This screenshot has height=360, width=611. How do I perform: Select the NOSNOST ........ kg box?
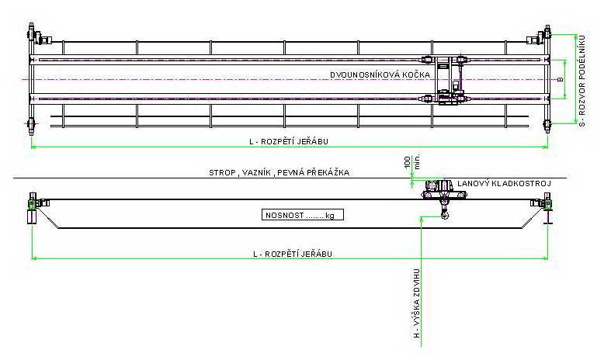(301, 215)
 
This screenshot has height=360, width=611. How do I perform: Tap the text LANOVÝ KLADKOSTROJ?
(503, 183)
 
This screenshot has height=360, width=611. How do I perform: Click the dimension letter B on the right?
(559, 79)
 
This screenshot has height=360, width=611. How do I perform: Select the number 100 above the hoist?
(407, 163)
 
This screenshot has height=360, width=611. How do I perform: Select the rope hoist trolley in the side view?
(439, 188)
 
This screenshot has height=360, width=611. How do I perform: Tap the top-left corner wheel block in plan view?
(33, 35)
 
